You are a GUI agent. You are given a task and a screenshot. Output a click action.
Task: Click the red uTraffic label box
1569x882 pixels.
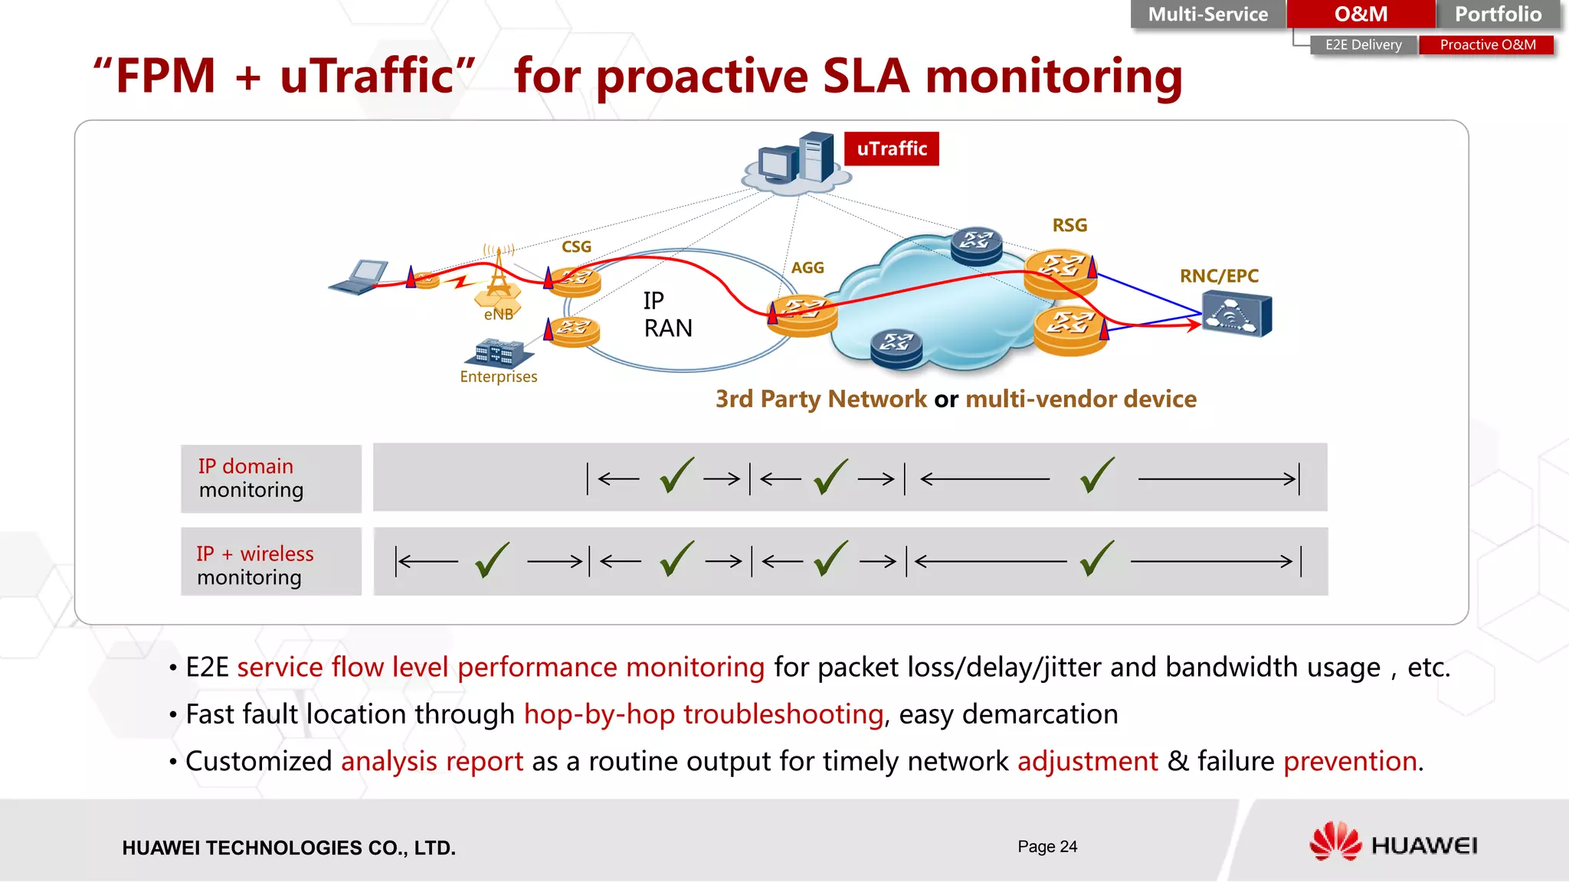pyautogui.click(x=891, y=149)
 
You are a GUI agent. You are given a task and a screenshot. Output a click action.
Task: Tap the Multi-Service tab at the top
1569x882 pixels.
pyautogui.click(x=1207, y=15)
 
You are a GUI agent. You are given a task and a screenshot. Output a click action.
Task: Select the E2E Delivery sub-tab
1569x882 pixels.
pyautogui.click(x=1363, y=45)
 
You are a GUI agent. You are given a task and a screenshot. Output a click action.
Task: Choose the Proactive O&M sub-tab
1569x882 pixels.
pyautogui.click(x=1487, y=45)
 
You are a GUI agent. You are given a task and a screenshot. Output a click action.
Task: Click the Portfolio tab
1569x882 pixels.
pyautogui.click(x=1498, y=15)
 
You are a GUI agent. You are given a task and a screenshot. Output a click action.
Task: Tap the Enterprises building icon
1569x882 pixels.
pyautogui.click(x=498, y=353)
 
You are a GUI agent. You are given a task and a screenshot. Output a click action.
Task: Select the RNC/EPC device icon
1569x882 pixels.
pyautogui.click(x=1237, y=315)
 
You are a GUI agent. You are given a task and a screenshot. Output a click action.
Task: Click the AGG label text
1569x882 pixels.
pyautogui.click(x=807, y=268)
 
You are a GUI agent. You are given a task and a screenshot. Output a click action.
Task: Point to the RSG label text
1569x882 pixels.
pyautogui.click(x=1069, y=225)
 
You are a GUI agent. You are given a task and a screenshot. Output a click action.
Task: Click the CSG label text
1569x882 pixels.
pyautogui.click(x=576, y=247)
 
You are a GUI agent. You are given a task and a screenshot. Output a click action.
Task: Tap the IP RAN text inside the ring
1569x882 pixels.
pyautogui.click(x=667, y=315)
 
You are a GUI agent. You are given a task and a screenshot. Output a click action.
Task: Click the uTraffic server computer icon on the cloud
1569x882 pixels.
pyautogui.click(x=798, y=159)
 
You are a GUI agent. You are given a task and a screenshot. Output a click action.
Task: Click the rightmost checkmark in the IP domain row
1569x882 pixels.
pyautogui.click(x=1097, y=476)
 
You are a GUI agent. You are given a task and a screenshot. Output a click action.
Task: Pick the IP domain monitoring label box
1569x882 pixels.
pyautogui.click(x=271, y=479)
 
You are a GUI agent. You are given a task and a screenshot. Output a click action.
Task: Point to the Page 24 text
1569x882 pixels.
pyautogui.click(x=1047, y=847)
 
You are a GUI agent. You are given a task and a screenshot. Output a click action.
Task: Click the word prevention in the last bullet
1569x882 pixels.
pyautogui.click(x=1350, y=761)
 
